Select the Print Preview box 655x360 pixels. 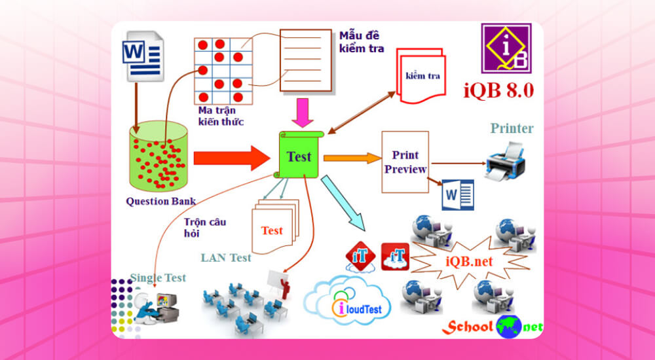coord(405,162)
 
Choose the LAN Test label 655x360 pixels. coord(226,258)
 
